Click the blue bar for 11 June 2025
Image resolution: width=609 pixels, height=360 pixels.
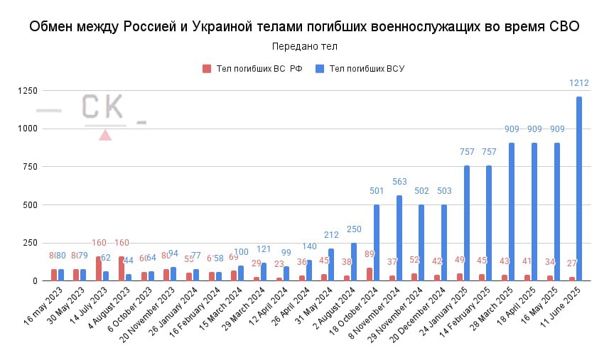[578, 188]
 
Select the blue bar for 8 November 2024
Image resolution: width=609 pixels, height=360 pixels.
[399, 238]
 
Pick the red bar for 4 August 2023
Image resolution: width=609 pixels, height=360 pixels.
[122, 268]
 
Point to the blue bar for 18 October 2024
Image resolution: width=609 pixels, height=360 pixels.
[377, 243]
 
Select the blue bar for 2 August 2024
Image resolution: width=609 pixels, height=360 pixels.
[354, 262]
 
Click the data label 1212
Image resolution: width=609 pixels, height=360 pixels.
[578, 84]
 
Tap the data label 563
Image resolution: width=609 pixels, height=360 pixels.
[399, 181]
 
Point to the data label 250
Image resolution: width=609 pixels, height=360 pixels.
[354, 229]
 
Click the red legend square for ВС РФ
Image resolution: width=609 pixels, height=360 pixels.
[207, 69]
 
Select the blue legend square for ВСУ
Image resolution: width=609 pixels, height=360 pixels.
[320, 69]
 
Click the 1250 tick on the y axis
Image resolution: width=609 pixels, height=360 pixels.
[27, 90]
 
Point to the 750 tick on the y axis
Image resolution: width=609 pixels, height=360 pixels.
[29, 166]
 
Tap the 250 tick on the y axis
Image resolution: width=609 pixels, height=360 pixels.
[29, 243]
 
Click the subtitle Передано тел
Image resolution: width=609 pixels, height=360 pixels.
[304, 47]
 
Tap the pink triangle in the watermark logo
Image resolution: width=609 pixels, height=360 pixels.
[104, 134]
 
